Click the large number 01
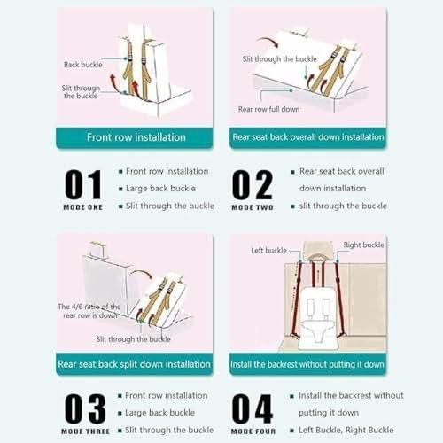[x=83, y=184]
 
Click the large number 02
[x=252, y=184]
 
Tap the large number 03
[x=85, y=408]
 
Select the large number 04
[x=252, y=408]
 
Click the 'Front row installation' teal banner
[x=135, y=137]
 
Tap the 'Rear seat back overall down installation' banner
[x=307, y=137]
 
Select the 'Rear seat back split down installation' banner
[x=135, y=364]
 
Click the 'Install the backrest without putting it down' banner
[x=307, y=364]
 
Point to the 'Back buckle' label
[x=83, y=65]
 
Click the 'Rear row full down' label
[x=268, y=109]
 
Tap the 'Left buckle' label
[x=268, y=251]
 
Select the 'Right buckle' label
[x=363, y=245]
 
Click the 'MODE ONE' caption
[x=83, y=207]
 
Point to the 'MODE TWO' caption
[x=253, y=207]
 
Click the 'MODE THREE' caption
[x=86, y=431]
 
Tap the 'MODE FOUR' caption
[x=253, y=431]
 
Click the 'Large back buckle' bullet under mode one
[x=160, y=189]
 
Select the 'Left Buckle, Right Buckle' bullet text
[x=346, y=430]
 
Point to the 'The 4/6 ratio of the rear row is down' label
[x=89, y=311]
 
